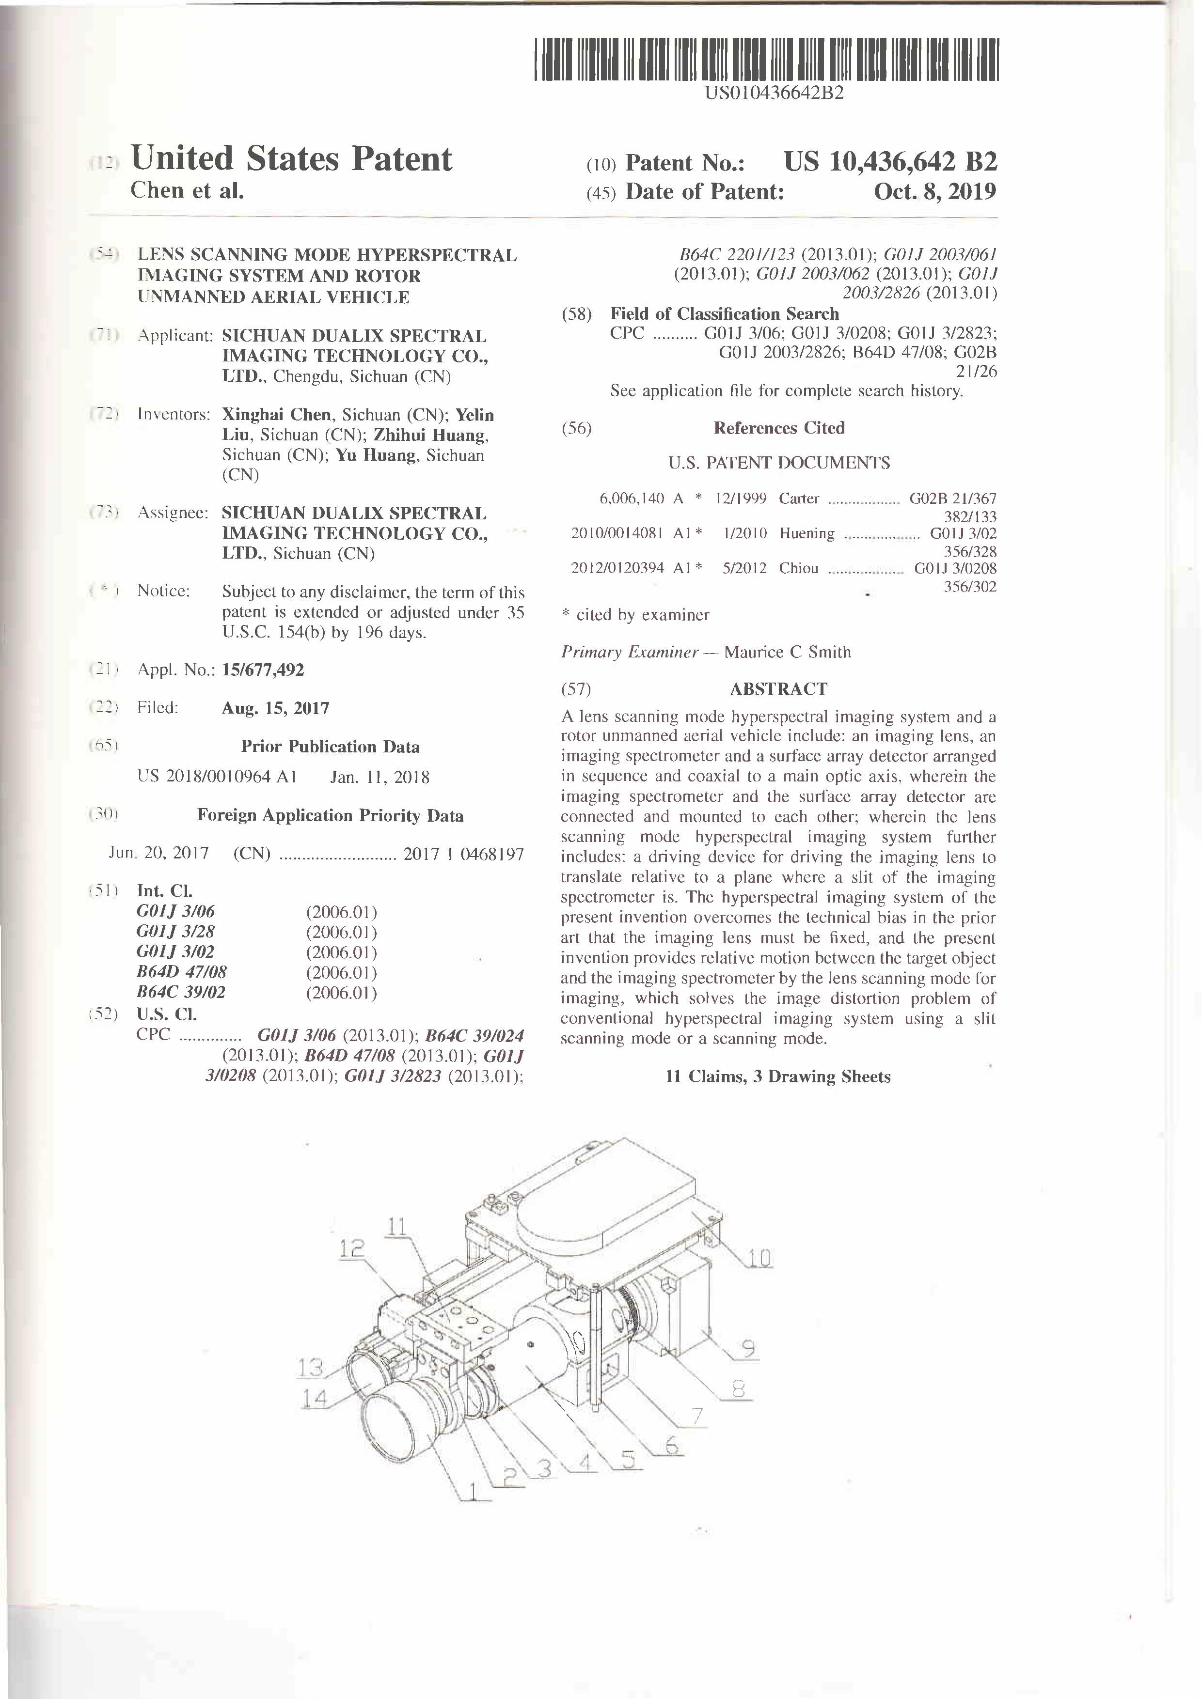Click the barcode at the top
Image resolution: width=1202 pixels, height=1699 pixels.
click(x=766, y=59)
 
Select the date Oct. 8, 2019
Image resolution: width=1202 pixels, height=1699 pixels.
click(x=935, y=192)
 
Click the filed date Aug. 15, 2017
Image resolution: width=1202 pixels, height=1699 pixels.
click(x=275, y=708)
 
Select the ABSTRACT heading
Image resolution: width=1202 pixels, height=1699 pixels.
click(x=779, y=689)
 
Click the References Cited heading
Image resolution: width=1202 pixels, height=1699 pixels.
click(x=779, y=428)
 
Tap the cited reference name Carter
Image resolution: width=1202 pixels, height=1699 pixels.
click(x=799, y=499)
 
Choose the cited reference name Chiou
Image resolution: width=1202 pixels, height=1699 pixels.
click(x=799, y=568)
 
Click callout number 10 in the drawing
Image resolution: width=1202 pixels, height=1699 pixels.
click(x=759, y=1257)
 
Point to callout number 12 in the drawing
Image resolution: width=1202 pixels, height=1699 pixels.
click(x=352, y=1248)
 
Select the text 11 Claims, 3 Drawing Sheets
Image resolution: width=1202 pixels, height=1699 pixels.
click(x=778, y=1076)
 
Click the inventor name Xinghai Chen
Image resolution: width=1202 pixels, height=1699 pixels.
click(x=277, y=415)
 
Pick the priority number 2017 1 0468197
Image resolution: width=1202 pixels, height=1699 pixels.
click(x=463, y=854)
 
